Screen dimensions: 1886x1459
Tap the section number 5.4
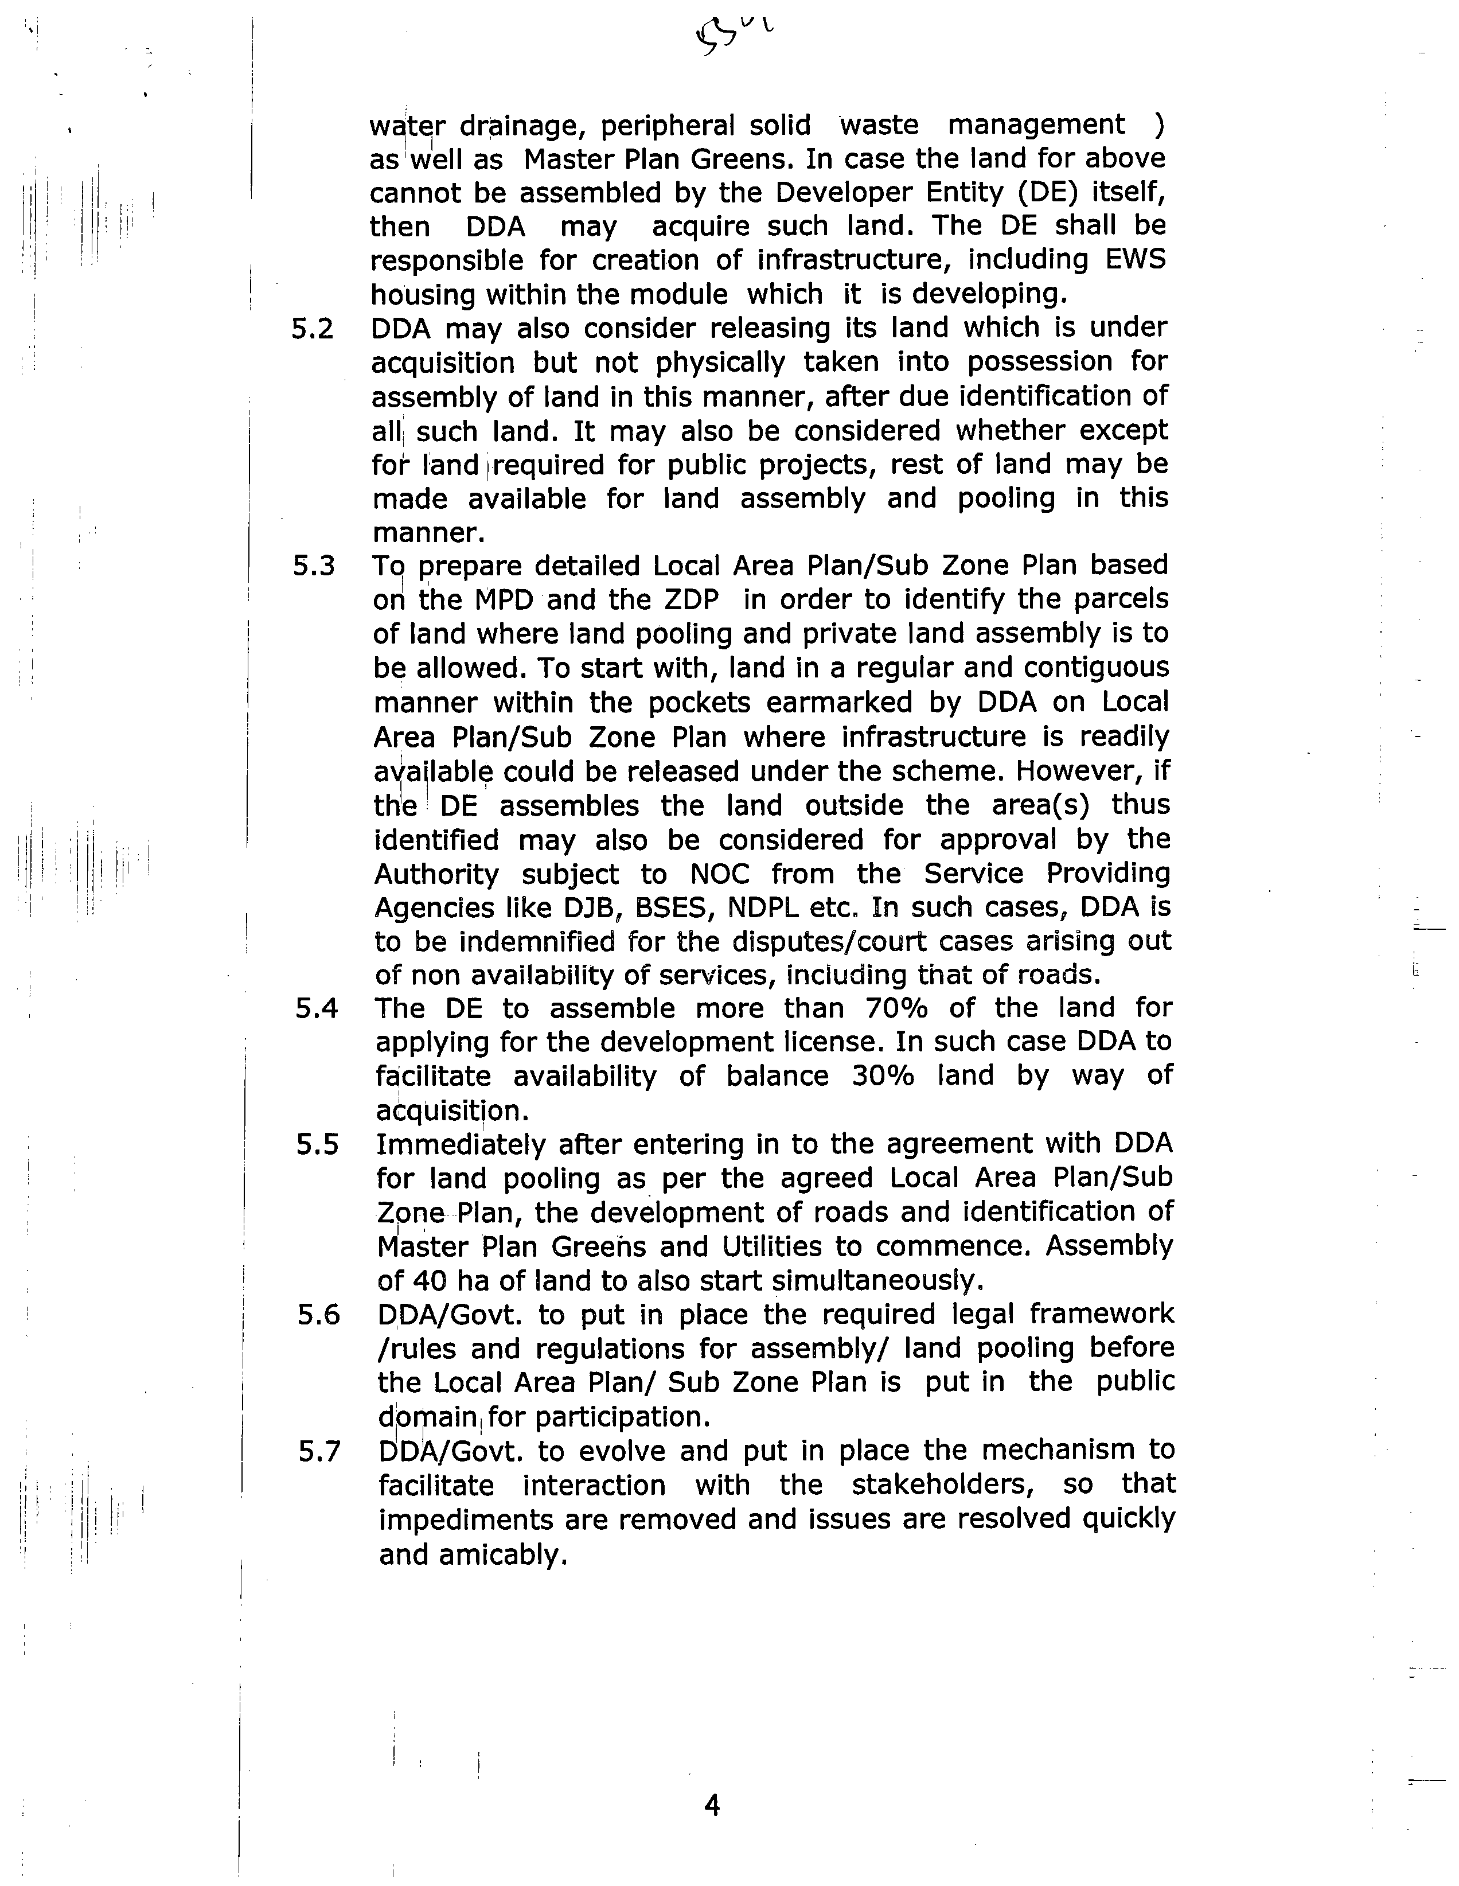[316, 1008]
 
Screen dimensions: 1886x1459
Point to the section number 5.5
[317, 1145]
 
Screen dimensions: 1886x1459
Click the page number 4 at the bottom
[712, 1805]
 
